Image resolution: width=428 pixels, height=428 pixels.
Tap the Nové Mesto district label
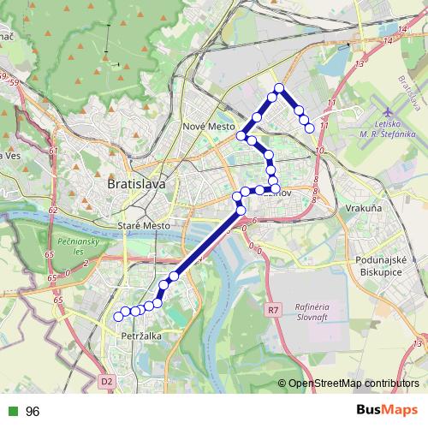[209, 126]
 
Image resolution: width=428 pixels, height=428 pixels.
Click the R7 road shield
[273, 309]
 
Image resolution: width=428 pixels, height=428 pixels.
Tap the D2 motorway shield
[106, 381]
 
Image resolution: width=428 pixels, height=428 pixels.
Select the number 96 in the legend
[33, 412]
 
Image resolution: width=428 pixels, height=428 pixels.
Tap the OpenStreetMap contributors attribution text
[354, 384]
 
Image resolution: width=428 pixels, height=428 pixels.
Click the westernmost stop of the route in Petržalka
[118, 317]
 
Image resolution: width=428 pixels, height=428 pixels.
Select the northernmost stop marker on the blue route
[279, 88]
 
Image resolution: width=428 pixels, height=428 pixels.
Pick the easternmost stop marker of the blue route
[310, 128]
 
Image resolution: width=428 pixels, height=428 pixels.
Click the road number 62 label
[53, 209]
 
